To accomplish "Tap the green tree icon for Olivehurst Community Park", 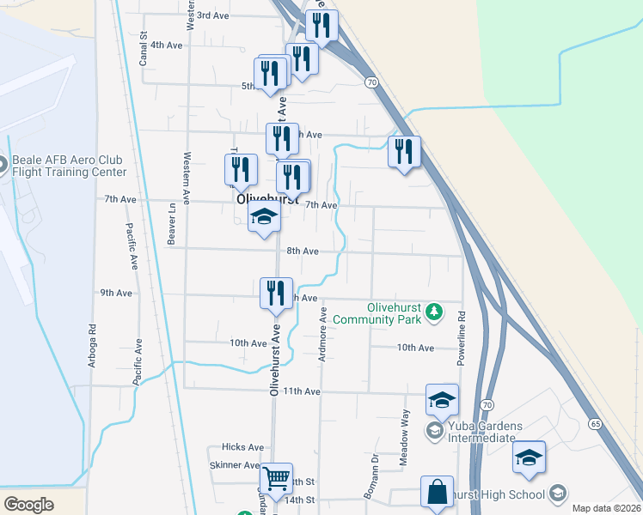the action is point(435,311).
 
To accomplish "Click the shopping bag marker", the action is point(438,493).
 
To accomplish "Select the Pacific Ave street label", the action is point(133,247).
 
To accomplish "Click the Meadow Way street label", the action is point(405,438).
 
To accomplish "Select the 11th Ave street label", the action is point(302,391).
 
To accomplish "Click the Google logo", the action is point(28,504).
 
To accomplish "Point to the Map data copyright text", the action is point(606,508).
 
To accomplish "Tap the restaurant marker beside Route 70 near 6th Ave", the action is point(404,153).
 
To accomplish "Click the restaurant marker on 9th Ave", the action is point(277,293).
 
